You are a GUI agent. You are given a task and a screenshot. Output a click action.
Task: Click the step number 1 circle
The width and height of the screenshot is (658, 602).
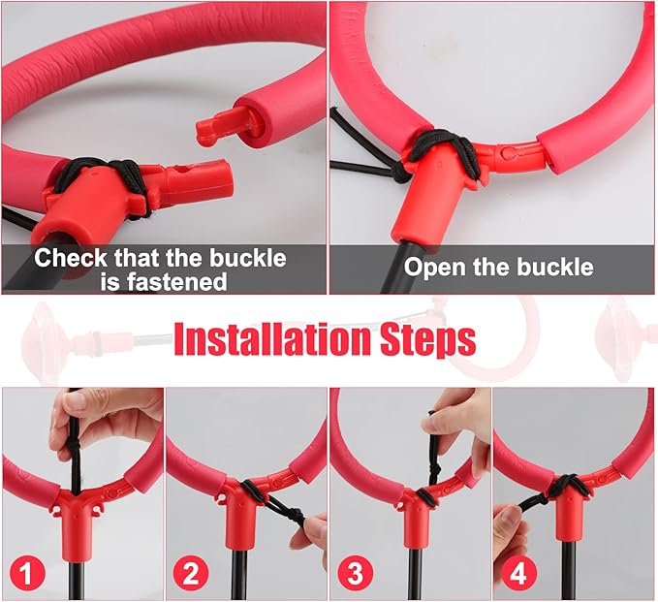[x=26, y=573]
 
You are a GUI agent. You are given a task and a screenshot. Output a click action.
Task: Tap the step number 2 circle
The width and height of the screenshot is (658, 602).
[x=191, y=573]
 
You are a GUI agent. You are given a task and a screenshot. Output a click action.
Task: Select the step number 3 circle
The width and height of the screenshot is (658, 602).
[x=355, y=573]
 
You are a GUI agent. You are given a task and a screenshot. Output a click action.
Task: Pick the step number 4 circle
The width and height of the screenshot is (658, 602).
[x=518, y=573]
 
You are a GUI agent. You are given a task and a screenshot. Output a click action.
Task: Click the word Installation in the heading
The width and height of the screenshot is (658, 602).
[x=272, y=339]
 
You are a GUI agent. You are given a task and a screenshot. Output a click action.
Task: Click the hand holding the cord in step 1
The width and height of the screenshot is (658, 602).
[x=101, y=420]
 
